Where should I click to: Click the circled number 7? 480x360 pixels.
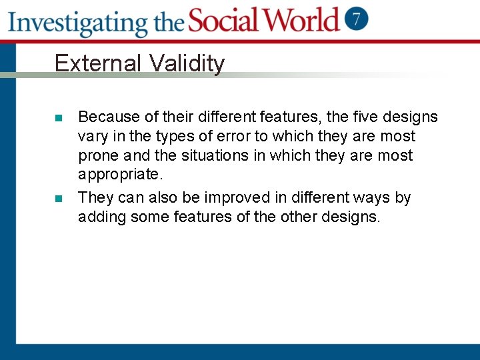[x=357, y=19]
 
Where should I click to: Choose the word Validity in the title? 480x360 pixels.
[x=187, y=63]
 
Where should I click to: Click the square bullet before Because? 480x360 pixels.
[x=59, y=118]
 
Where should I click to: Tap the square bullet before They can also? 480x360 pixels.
[x=59, y=198]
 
